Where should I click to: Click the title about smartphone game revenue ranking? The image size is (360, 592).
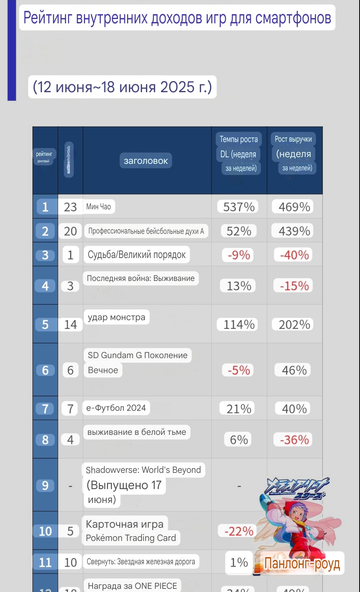point(177,18)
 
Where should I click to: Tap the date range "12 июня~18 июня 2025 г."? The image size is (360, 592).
point(122,87)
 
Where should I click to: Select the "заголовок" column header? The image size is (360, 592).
point(146,161)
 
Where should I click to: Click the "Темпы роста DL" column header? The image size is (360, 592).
point(239,154)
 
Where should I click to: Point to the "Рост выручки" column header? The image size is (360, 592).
point(294,154)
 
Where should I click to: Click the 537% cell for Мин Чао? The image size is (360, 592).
point(239,207)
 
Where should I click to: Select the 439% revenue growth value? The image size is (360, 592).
point(294,231)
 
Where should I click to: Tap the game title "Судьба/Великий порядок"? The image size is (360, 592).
point(136,255)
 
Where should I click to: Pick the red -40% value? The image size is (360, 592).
point(294,255)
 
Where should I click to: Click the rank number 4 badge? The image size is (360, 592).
point(45,286)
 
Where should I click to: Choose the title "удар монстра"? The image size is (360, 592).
point(116,317)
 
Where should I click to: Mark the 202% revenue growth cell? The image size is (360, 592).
point(294,324)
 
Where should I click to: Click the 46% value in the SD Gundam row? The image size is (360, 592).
point(294,370)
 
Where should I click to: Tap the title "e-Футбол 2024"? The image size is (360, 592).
point(116,408)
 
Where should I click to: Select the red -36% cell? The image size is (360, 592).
point(294,440)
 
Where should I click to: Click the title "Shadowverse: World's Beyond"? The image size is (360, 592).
point(143,470)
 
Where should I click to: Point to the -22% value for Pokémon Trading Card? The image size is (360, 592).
point(239,531)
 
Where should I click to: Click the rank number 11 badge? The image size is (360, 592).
point(45,562)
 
